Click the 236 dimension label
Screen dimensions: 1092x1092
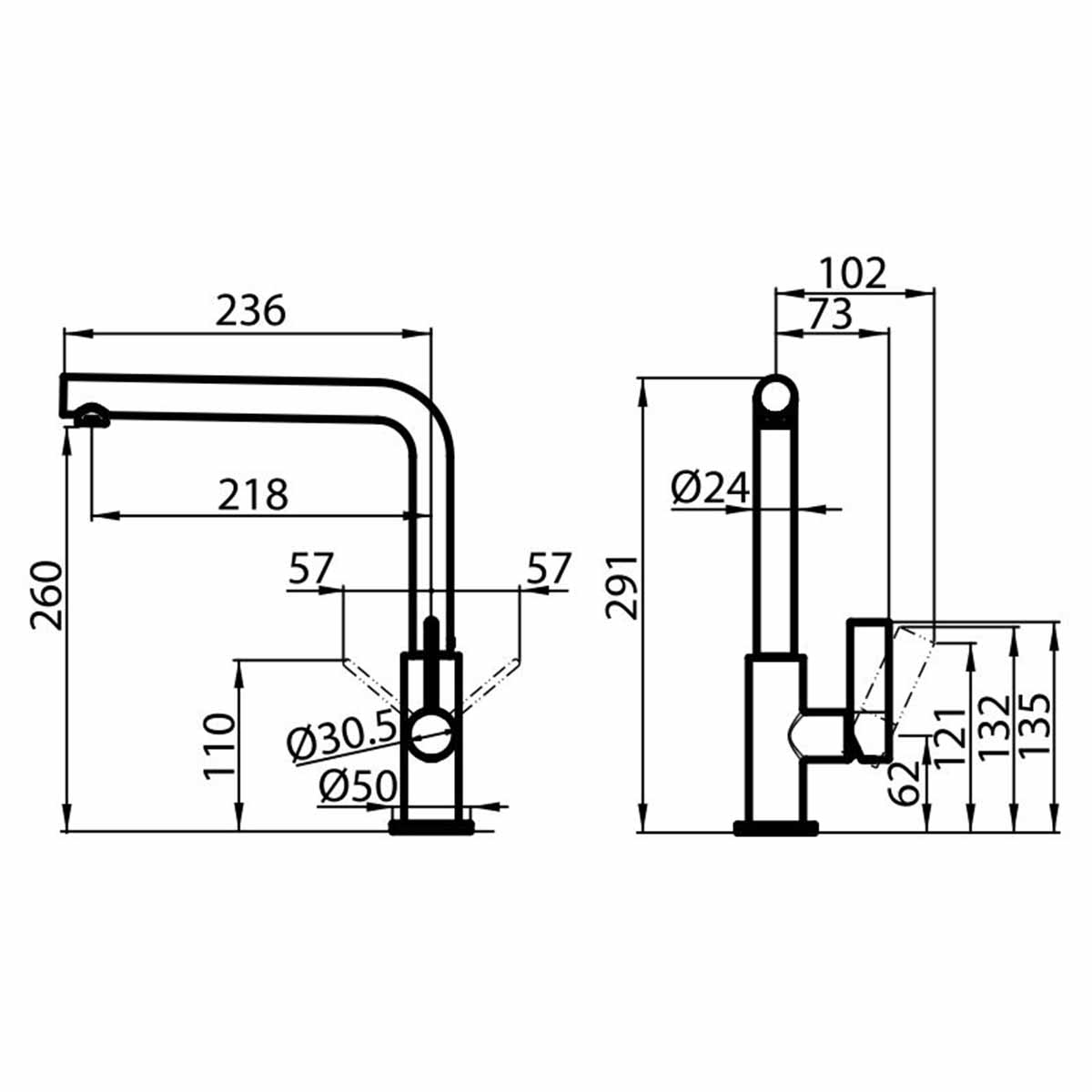click(x=250, y=310)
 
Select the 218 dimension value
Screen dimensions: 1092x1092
click(x=253, y=494)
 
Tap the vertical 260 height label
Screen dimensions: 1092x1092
click(x=45, y=596)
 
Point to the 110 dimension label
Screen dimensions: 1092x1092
click(x=218, y=746)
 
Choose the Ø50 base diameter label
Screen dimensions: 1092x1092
click(x=358, y=788)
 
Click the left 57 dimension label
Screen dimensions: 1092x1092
click(x=311, y=570)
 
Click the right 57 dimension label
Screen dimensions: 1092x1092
click(x=548, y=570)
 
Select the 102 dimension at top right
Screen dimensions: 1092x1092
click(x=852, y=273)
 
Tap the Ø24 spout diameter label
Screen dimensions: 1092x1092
click(x=710, y=489)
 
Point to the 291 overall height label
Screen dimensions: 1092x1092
click(x=623, y=587)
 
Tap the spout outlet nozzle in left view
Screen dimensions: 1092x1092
click(x=92, y=418)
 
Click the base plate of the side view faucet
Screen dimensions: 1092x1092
click(x=775, y=827)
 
